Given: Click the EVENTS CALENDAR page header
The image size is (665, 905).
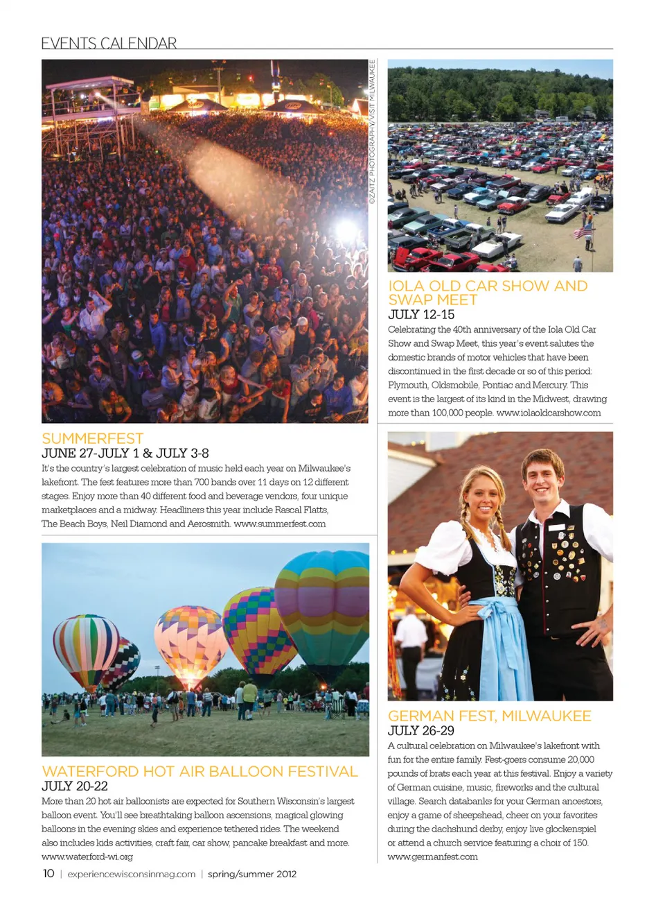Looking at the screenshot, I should tap(109, 43).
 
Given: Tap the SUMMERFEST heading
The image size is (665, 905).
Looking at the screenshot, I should tap(93, 438).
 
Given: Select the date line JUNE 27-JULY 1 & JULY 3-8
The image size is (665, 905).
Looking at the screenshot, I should tap(125, 453).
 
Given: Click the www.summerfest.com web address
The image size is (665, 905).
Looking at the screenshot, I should tap(280, 524).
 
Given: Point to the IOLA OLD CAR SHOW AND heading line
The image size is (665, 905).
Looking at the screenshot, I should tap(488, 286).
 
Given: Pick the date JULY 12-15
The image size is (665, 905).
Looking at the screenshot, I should tap(421, 314).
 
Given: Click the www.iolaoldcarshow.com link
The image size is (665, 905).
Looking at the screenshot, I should tap(549, 413).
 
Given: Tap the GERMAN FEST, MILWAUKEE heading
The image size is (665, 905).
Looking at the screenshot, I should tap(490, 716).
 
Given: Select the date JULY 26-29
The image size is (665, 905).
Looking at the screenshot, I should tap(421, 730).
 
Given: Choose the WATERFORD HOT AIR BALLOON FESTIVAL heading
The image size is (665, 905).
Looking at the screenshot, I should tap(200, 771).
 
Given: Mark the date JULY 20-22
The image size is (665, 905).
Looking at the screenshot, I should tap(75, 786).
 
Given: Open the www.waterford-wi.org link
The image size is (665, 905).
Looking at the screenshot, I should tap(87, 856).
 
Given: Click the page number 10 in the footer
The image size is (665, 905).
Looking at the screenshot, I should tap(48, 873).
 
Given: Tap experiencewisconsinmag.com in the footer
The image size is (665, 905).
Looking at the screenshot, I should tap(132, 874).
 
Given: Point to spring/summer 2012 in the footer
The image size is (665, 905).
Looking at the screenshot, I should tap(252, 874).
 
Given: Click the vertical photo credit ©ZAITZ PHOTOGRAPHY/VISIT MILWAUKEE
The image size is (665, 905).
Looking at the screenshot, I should tap(372, 132).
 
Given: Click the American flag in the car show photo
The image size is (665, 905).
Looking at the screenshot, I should tap(584, 229).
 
